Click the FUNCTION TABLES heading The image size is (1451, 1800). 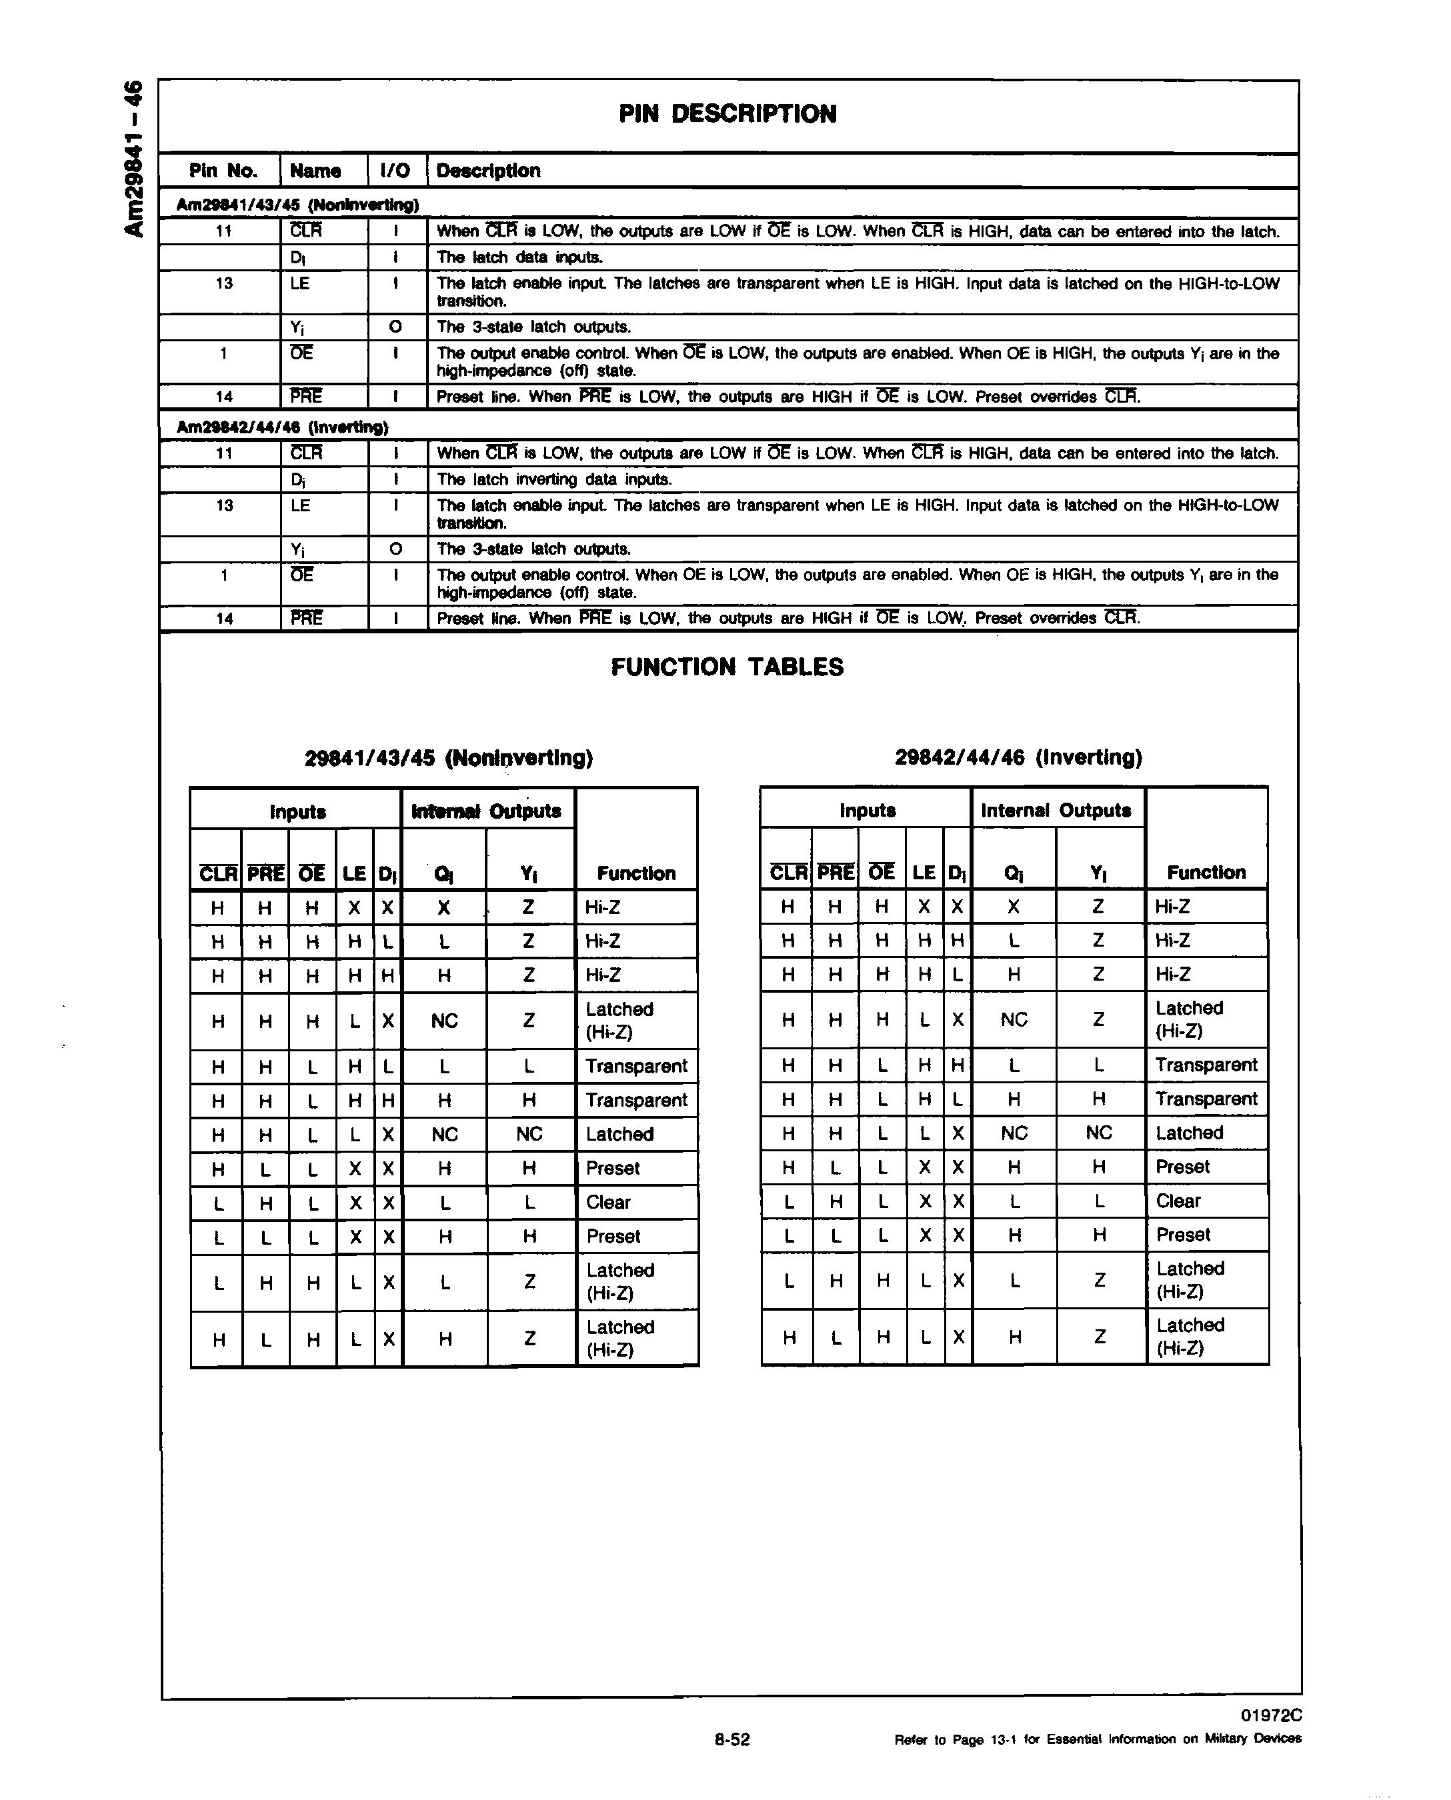(x=728, y=667)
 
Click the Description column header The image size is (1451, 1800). (x=488, y=171)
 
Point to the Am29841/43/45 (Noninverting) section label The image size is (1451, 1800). (x=297, y=205)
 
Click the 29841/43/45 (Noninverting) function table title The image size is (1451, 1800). (x=449, y=758)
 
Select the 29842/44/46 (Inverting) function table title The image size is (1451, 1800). (x=1018, y=757)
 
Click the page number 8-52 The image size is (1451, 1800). (x=732, y=1740)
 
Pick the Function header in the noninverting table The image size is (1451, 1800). (x=636, y=873)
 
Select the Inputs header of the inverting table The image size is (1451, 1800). (x=867, y=810)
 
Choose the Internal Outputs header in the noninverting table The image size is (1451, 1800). (x=487, y=811)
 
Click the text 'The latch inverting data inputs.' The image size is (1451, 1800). (x=554, y=479)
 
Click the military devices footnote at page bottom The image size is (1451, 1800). (x=1098, y=1740)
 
